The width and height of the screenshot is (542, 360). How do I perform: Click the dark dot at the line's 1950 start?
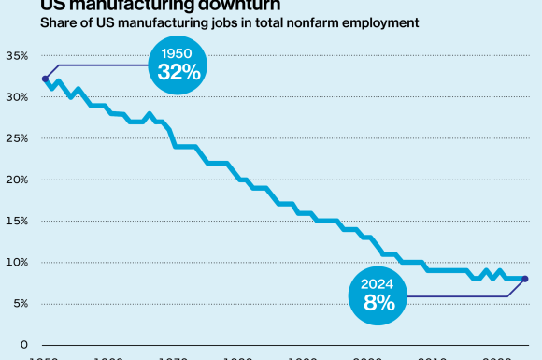tap(45, 79)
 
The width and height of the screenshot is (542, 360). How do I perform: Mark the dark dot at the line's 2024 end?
tap(525, 279)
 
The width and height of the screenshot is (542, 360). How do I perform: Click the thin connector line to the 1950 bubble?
tap(103, 65)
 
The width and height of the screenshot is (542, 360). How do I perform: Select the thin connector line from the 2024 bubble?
tap(458, 296)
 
